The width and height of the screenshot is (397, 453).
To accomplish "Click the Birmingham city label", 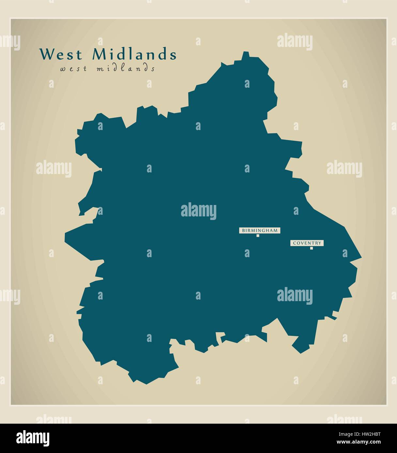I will (x=260, y=230).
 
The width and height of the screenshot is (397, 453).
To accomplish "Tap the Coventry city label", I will (x=307, y=243).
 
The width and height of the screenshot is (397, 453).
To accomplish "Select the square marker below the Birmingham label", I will (x=258, y=236).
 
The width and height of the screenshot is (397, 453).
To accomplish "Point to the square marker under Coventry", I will (x=312, y=248).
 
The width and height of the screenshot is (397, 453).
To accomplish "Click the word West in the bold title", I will (x=61, y=54).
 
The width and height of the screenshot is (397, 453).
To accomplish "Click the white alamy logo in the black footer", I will (x=33, y=438).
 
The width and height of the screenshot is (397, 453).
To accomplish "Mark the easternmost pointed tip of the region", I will (x=361, y=257).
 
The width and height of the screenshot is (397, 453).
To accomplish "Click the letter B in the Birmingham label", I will (x=243, y=230).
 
